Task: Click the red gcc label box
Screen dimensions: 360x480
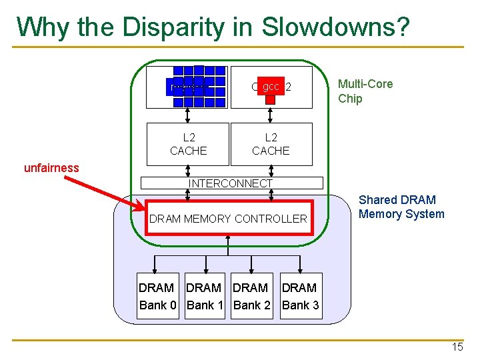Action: [270, 87]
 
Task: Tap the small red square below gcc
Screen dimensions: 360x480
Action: [270, 99]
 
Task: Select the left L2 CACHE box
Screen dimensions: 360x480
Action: [188, 144]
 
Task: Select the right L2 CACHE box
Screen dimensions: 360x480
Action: [271, 144]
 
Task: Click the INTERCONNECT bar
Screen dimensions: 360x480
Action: [230, 183]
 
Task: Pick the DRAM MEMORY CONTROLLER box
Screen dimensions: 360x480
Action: [229, 218]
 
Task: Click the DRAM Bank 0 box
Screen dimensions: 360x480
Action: [158, 296]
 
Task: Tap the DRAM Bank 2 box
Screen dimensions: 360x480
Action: [252, 296]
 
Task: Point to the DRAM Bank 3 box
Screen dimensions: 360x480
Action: [300, 296]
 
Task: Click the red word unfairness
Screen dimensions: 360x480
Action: [51, 168]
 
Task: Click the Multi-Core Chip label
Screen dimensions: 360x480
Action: [365, 91]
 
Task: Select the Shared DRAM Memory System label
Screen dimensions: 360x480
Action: [401, 207]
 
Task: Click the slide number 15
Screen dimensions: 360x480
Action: [457, 347]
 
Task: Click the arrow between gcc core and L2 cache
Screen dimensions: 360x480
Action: [271, 115]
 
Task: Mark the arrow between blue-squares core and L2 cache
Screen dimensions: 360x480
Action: [189, 115]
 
